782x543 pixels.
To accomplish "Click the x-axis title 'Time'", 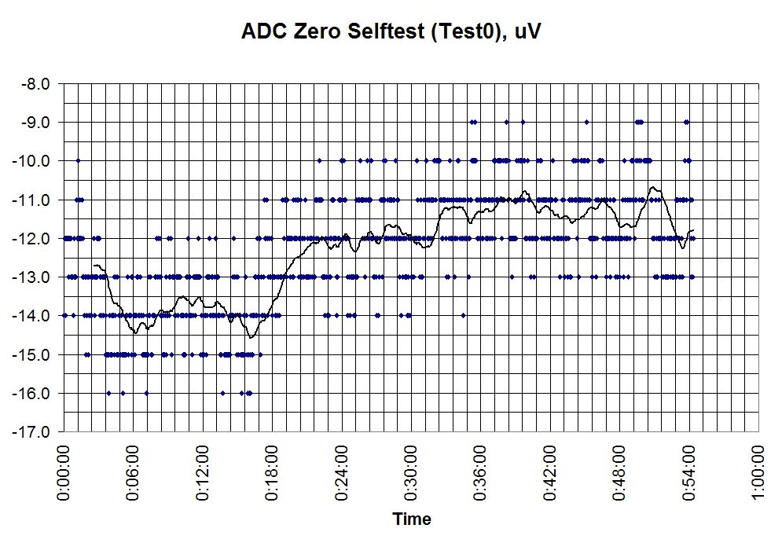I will click(412, 519).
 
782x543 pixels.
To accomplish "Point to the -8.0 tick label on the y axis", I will click(35, 83).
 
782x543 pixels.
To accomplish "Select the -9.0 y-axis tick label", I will click(35, 122).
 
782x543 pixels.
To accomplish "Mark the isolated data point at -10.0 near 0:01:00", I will click(78, 160).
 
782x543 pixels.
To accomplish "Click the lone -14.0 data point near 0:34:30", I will click(464, 315).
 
